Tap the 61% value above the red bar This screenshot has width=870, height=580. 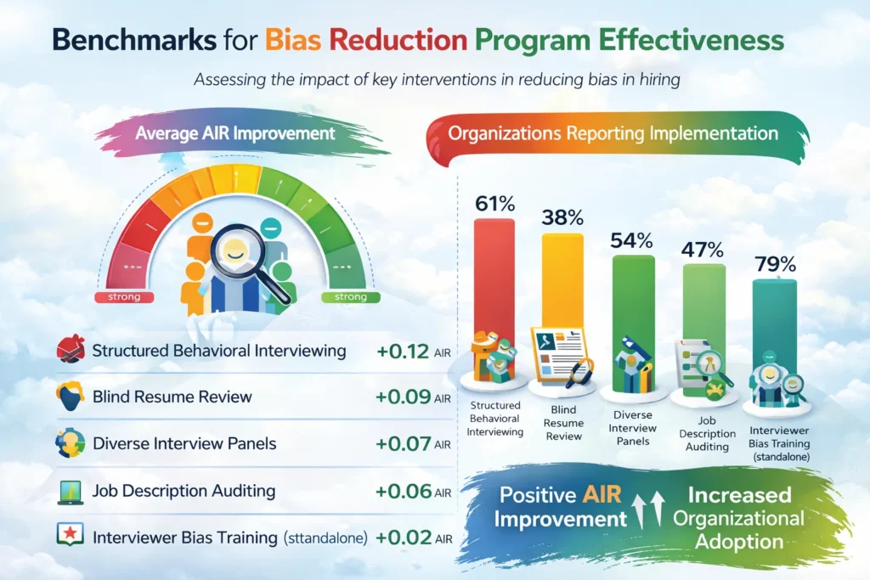(x=494, y=204)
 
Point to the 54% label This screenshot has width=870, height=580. (x=632, y=240)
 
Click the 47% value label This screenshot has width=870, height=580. (x=702, y=250)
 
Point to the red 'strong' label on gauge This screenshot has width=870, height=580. (x=124, y=297)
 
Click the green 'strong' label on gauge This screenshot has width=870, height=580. (x=344, y=297)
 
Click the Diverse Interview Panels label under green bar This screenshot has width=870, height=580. (x=633, y=429)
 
